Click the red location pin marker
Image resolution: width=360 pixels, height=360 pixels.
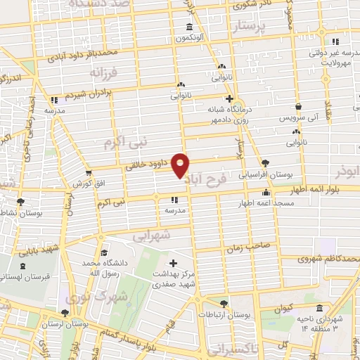[181, 165]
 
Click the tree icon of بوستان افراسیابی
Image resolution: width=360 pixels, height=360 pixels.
[264, 163]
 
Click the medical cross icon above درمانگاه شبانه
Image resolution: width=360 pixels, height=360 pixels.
[229, 98]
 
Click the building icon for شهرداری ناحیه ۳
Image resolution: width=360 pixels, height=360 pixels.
[320, 308]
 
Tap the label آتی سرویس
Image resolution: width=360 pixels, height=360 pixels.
[307, 117]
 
